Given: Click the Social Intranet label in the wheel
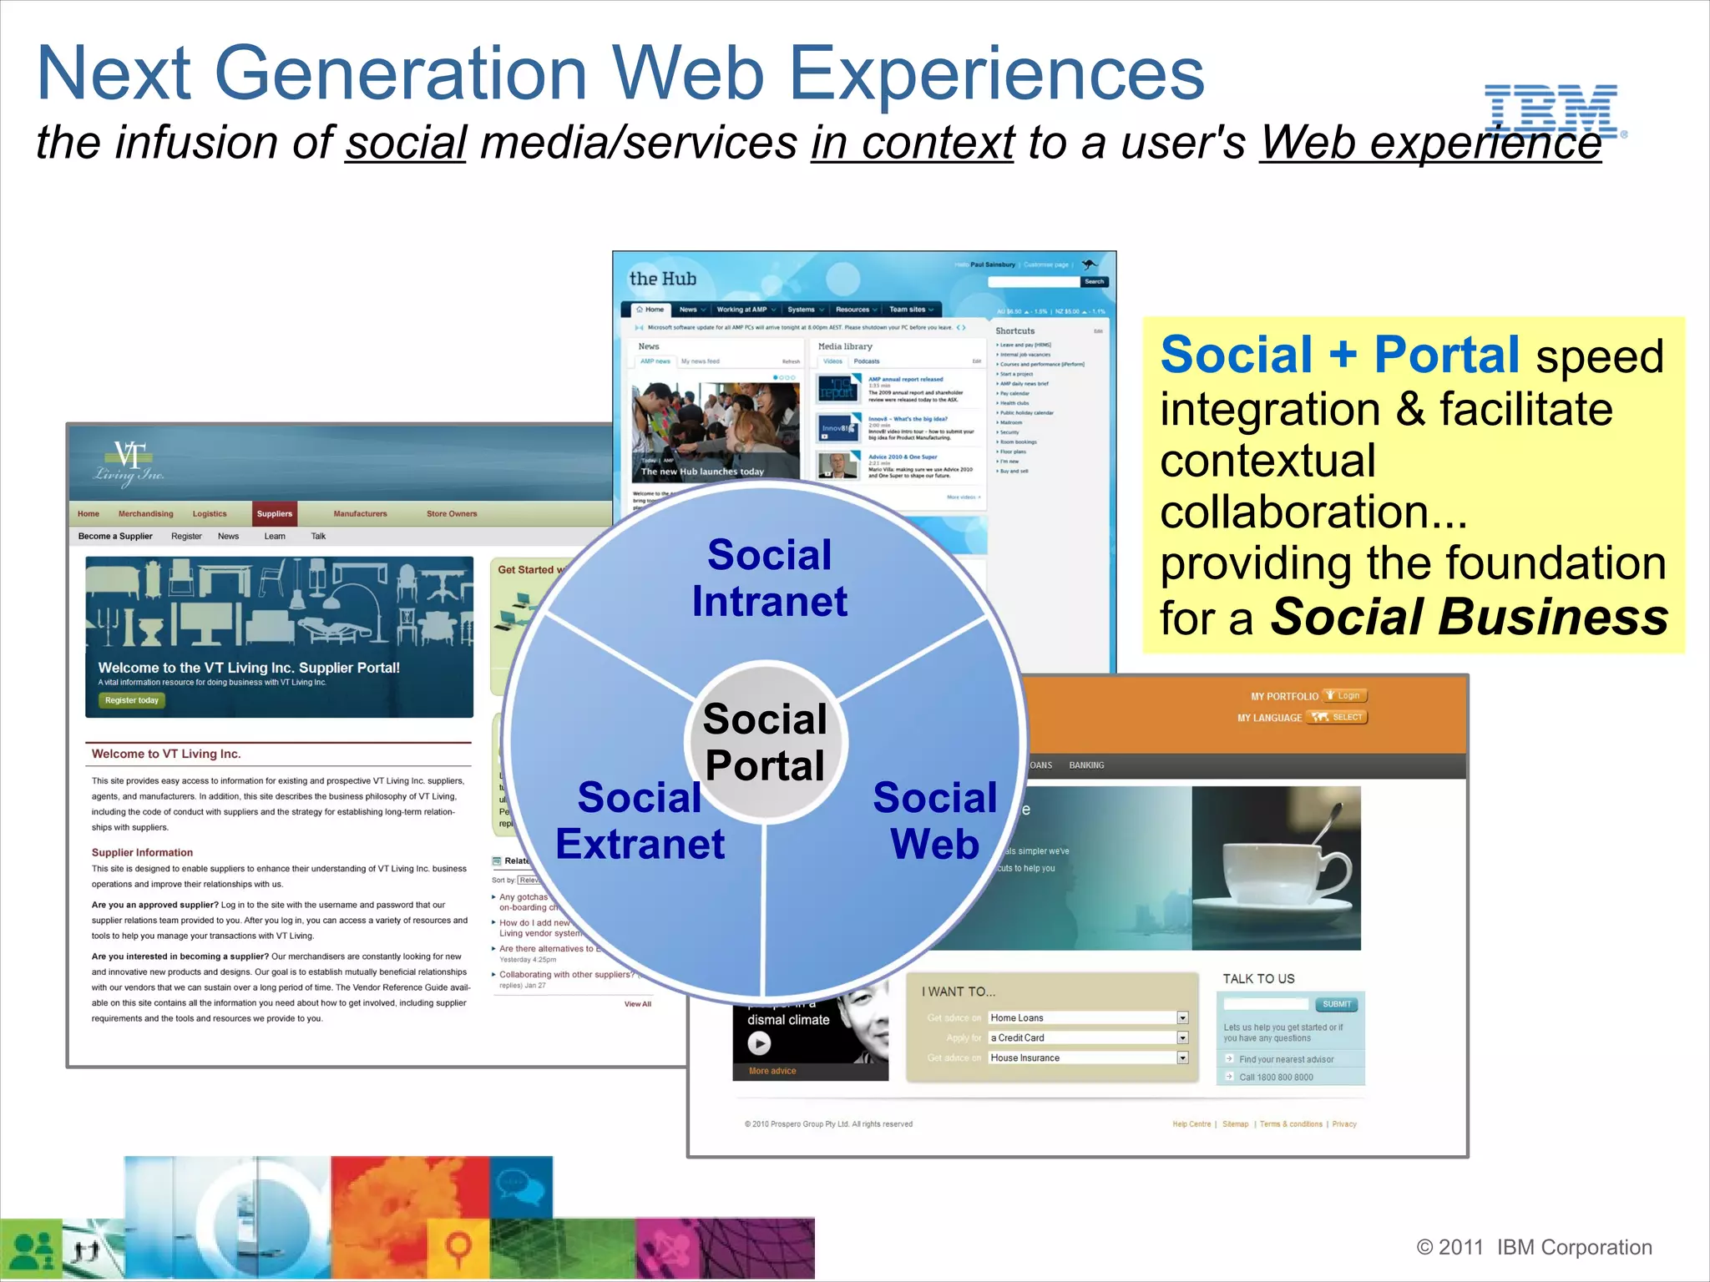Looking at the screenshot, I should (769, 578).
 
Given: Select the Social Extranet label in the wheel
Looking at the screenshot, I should (640, 820).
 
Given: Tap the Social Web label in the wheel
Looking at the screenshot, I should (934, 820).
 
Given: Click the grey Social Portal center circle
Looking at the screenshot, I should (765, 742).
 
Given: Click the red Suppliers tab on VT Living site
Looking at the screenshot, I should (274, 513).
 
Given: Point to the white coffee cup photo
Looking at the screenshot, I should (1276, 868).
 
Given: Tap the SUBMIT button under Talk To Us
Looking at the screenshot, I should (1336, 1004).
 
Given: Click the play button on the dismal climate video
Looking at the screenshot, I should (758, 1042).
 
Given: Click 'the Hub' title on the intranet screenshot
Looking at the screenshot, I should (662, 279).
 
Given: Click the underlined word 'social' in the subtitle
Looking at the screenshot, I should (406, 143).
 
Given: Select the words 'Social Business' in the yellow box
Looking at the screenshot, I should (1470, 617).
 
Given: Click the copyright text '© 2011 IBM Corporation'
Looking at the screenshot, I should (1534, 1247).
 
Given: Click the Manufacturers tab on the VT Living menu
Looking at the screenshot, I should (360, 513).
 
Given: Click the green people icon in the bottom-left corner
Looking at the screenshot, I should (31, 1249).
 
